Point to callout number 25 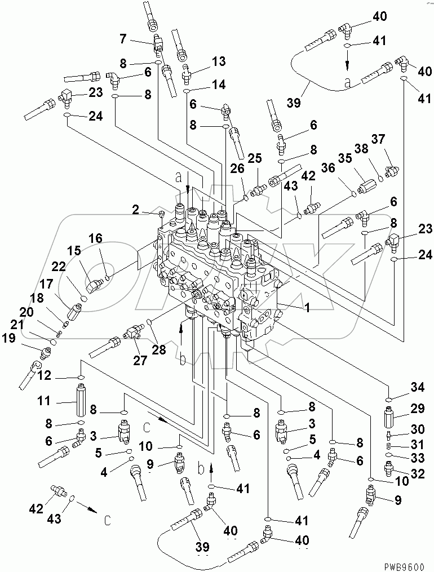255,158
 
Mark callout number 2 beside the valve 136,210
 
